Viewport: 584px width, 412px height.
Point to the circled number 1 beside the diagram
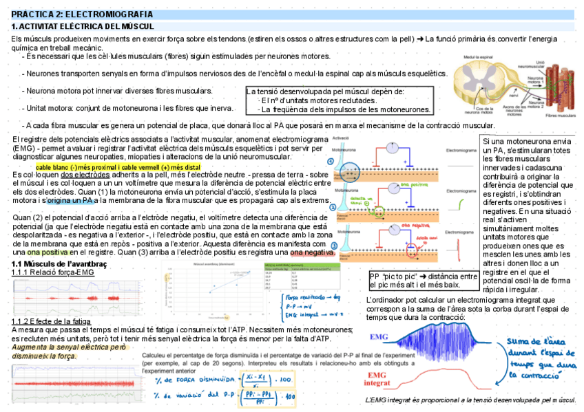pos(331,162)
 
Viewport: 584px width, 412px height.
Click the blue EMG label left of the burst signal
pos(382,338)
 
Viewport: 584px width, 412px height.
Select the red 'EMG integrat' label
pos(377,378)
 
